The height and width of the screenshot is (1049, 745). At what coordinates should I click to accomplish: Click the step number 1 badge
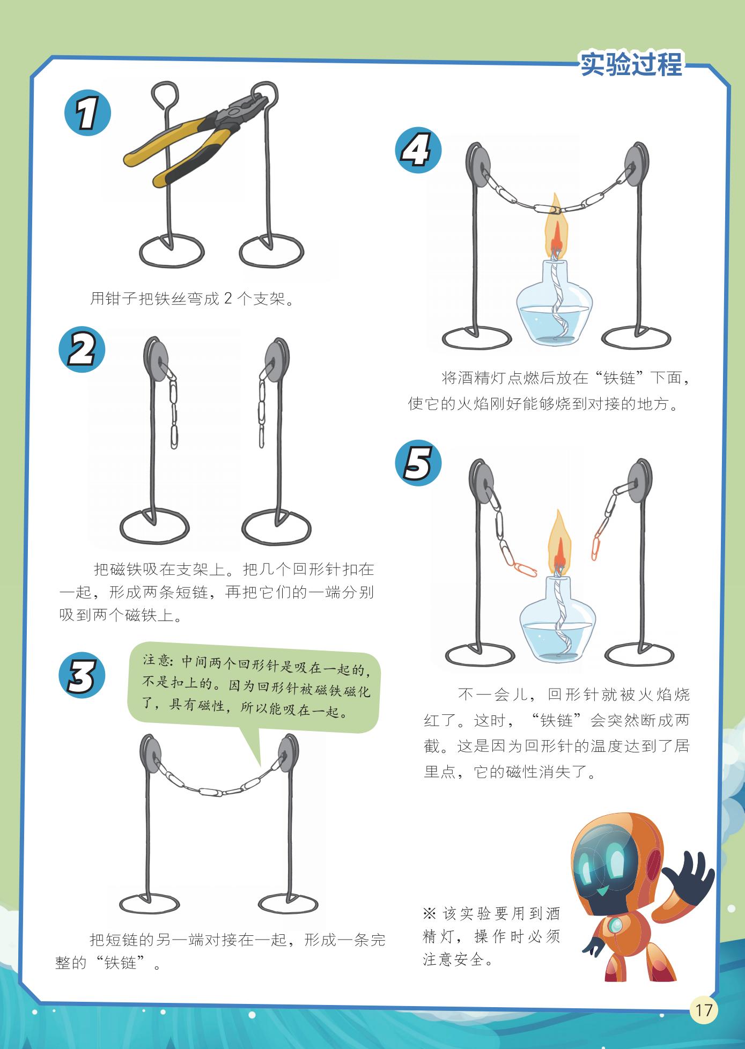point(87,114)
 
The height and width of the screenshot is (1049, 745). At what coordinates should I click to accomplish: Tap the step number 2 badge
point(82,349)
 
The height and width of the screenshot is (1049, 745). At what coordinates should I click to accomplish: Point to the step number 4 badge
point(417,150)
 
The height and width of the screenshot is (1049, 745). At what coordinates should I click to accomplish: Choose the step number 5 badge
point(417,463)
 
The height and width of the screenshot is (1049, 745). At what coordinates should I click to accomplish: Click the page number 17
point(703,1010)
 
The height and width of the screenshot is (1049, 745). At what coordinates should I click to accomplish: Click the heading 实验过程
point(631,64)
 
